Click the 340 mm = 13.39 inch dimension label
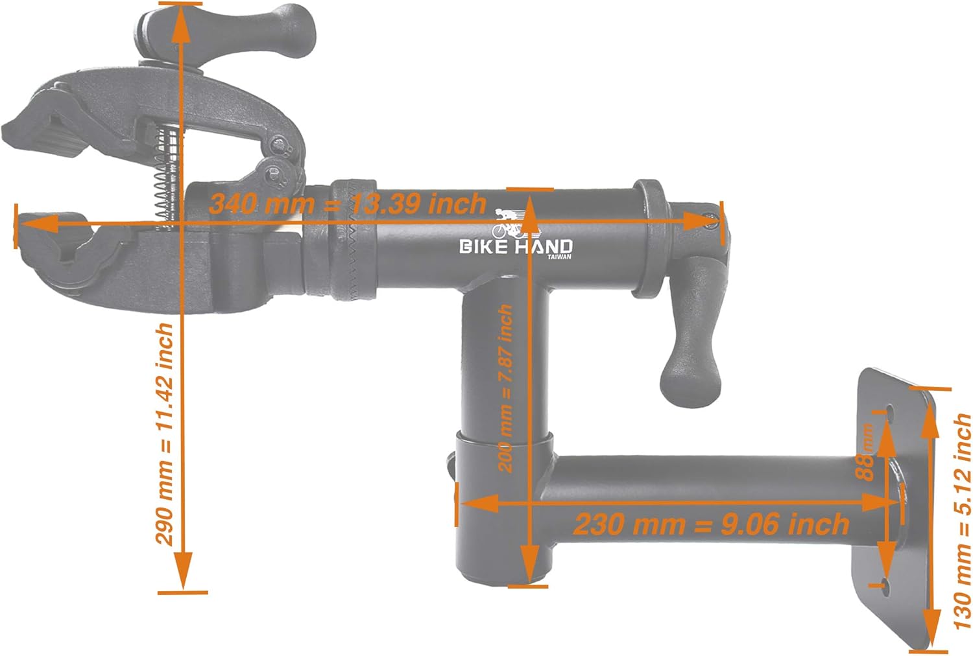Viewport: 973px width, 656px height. [348, 204]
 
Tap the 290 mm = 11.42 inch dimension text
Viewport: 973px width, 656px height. [165, 434]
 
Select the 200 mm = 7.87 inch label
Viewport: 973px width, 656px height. [505, 388]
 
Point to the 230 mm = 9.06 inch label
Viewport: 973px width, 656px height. [711, 524]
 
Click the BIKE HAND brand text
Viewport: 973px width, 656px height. [516, 246]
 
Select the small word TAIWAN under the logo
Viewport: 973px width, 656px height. [559, 257]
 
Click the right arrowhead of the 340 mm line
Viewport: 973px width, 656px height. [700, 222]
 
